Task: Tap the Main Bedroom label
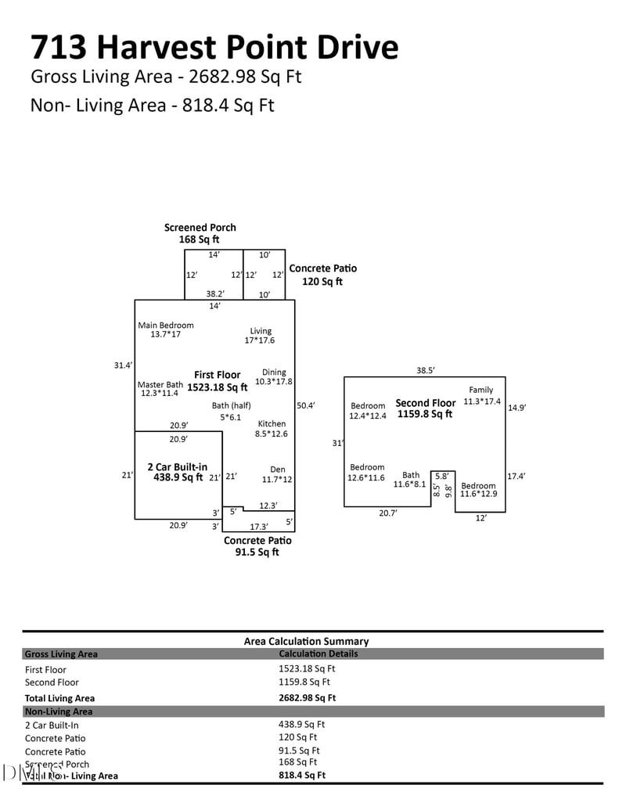[x=165, y=329]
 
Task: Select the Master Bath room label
[x=160, y=389]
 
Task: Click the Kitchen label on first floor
[x=272, y=429]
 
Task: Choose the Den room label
[x=277, y=475]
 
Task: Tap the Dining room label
[x=273, y=377]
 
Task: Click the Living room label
[x=261, y=336]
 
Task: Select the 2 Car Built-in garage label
[x=177, y=472]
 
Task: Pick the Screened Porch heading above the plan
[x=200, y=233]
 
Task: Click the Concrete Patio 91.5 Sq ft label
[x=257, y=546]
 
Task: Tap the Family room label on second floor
[x=481, y=395]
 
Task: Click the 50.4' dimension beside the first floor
[x=306, y=405]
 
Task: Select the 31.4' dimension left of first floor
[x=123, y=365]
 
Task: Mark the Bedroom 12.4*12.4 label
[x=367, y=411]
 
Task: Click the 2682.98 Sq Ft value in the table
[x=307, y=698]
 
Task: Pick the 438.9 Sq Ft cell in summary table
[x=301, y=725]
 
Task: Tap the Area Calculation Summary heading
[x=306, y=641]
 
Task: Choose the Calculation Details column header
[x=318, y=653]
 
